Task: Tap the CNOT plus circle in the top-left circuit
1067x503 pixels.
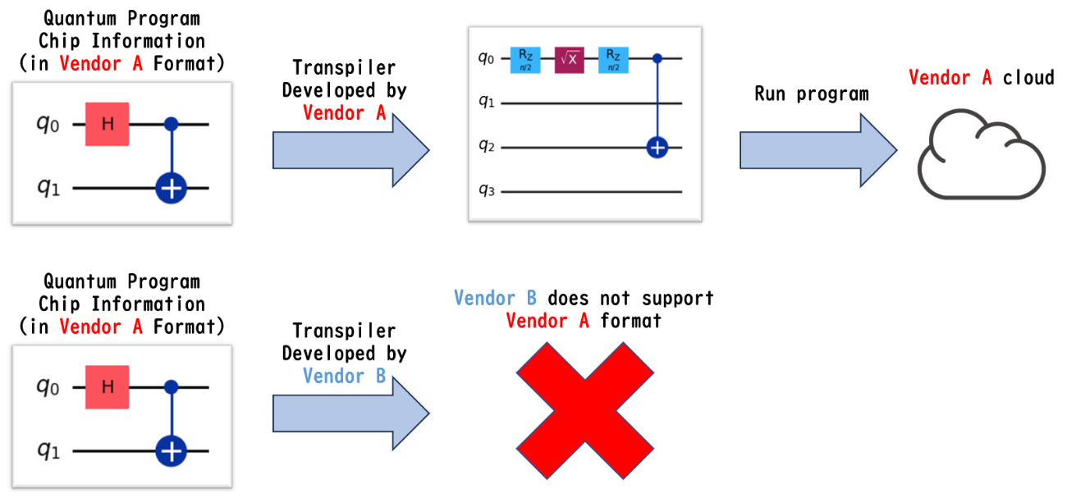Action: pyautogui.click(x=172, y=189)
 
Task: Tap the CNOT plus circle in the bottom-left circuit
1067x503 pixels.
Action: pyautogui.click(x=172, y=450)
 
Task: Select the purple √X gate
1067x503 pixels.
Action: pyautogui.click(x=569, y=59)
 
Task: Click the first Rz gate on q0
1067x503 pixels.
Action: pyautogui.click(x=524, y=59)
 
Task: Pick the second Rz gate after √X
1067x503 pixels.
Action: pyautogui.click(x=613, y=59)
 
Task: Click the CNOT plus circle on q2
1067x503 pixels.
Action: pyautogui.click(x=657, y=148)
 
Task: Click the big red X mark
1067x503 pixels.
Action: pyautogui.click(x=585, y=410)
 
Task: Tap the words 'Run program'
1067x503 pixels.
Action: pyautogui.click(x=811, y=94)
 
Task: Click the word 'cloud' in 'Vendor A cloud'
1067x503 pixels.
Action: pyautogui.click(x=1028, y=78)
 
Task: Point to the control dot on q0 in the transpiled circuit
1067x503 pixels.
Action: pyautogui.click(x=657, y=59)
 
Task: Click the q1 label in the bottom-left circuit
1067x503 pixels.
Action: pyautogui.click(x=47, y=451)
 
